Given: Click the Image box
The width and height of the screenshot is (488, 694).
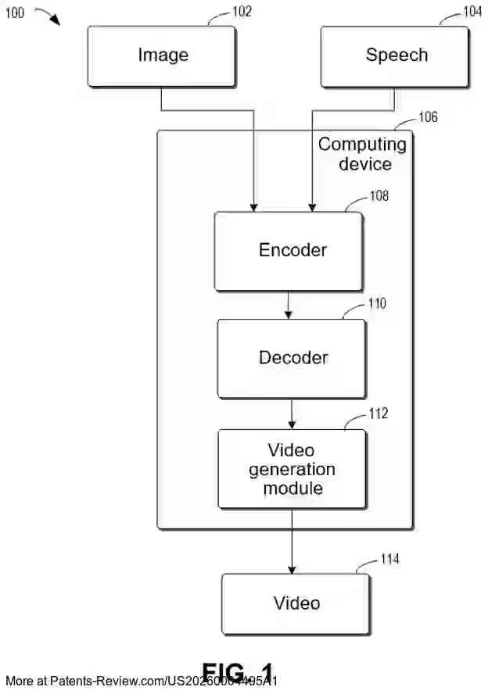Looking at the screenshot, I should pos(162,56).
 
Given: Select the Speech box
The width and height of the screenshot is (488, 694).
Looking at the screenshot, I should pos(395,56).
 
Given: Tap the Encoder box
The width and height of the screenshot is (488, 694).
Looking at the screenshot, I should pos(289,251).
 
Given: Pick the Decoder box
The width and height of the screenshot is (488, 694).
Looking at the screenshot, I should pos(292,359).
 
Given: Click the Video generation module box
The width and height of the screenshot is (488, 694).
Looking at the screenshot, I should pos(292,470).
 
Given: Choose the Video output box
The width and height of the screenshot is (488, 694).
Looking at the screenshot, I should pos(296,603).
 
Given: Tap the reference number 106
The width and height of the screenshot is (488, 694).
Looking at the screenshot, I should pos(427,118).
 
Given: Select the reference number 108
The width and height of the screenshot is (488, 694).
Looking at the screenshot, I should pos(379,196).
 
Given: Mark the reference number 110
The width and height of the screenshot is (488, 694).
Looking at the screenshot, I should pos(376,304).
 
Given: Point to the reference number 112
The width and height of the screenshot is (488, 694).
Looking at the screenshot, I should pos(378,413).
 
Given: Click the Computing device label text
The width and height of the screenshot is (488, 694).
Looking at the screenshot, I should pos(362,154).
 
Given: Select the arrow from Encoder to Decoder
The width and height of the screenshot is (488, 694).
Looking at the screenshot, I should pos(289,305).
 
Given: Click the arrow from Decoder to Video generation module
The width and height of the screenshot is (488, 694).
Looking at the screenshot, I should pos(292,414).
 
